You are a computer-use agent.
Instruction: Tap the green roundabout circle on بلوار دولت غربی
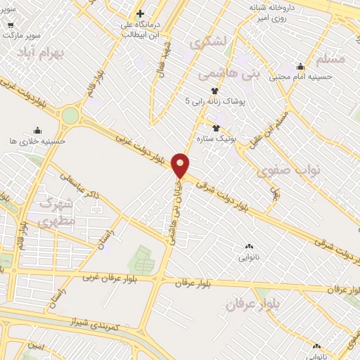click(70, 115)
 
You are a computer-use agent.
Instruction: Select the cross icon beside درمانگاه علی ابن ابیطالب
click(141, 13)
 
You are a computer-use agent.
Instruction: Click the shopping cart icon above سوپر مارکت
click(11, 23)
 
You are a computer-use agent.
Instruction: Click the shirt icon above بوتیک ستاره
click(216, 127)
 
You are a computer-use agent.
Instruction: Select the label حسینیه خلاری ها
click(37, 141)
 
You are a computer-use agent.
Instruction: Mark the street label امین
click(37, 346)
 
